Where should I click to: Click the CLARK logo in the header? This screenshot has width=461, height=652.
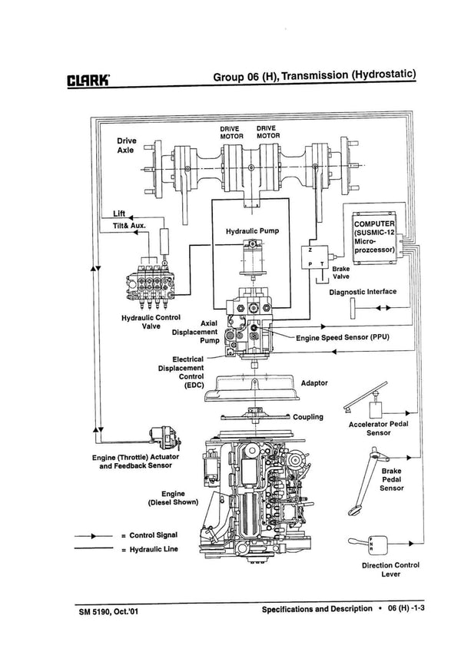pyautogui.click(x=90, y=78)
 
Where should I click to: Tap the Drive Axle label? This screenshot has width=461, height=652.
pyautogui.click(x=127, y=147)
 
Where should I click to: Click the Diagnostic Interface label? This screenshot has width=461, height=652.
pyautogui.click(x=363, y=292)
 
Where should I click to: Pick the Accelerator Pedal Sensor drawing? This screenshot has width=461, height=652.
pyautogui.click(x=366, y=399)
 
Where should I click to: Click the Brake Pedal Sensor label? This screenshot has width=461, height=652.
pyautogui.click(x=391, y=479)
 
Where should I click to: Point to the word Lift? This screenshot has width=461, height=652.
pyautogui.click(x=118, y=213)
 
